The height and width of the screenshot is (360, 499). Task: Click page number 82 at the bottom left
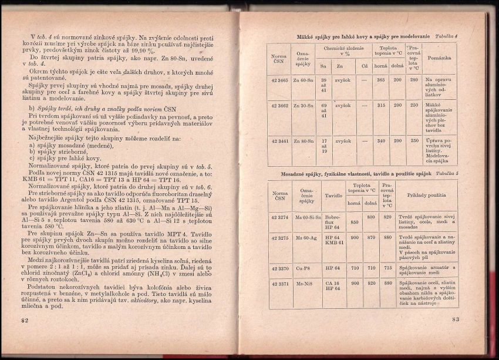coord(25,320)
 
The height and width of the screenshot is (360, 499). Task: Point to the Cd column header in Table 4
coord(364,66)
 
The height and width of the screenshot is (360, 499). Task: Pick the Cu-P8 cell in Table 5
coord(304,267)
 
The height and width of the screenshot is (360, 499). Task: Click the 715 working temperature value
coord(387,267)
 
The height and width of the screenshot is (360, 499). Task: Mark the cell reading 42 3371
coord(280,283)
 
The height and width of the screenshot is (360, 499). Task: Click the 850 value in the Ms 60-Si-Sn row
coord(354,223)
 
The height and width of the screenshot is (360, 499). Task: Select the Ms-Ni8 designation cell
coord(305,283)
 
